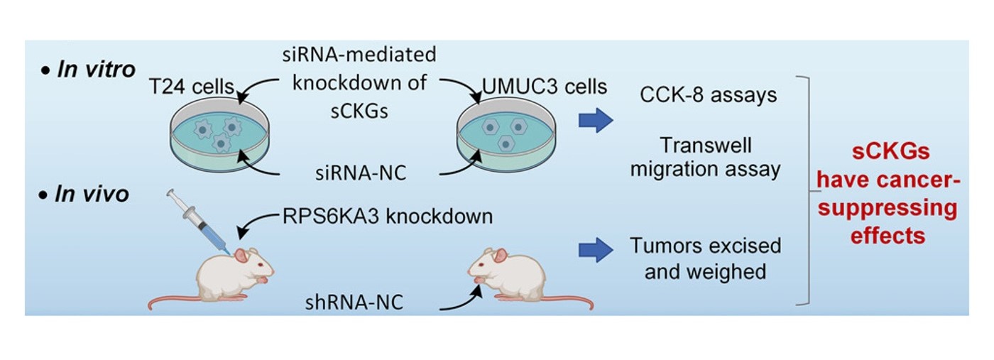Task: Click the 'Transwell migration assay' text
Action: (706, 158)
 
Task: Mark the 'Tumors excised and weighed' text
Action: (706, 258)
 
